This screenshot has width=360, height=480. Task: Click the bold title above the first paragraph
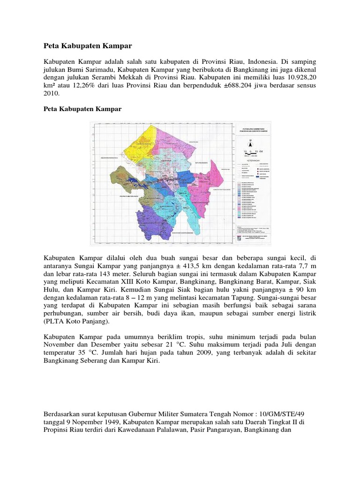88,46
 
